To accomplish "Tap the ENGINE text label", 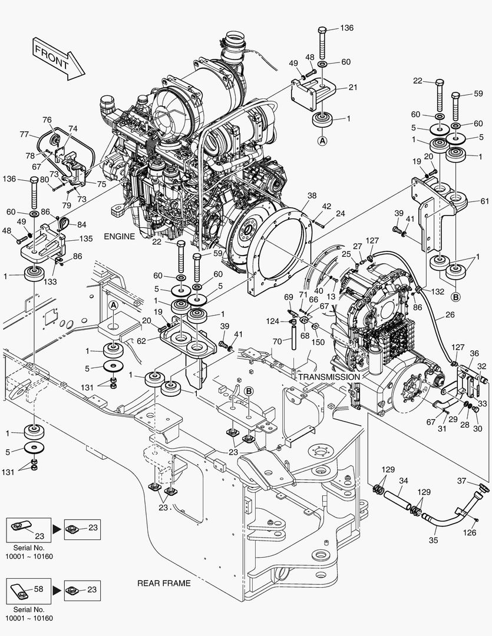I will [120, 236].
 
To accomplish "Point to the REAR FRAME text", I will [164, 583].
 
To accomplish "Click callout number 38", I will [312, 196].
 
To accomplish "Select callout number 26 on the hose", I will [450, 315].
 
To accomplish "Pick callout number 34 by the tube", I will [403, 481].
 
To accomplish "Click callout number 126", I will [468, 534].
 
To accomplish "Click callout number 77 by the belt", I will [24, 134].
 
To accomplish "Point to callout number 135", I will [86, 239].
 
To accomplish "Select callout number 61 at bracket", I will [484, 201].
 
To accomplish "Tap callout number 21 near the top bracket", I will [353, 87].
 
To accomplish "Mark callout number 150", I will [318, 342].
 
